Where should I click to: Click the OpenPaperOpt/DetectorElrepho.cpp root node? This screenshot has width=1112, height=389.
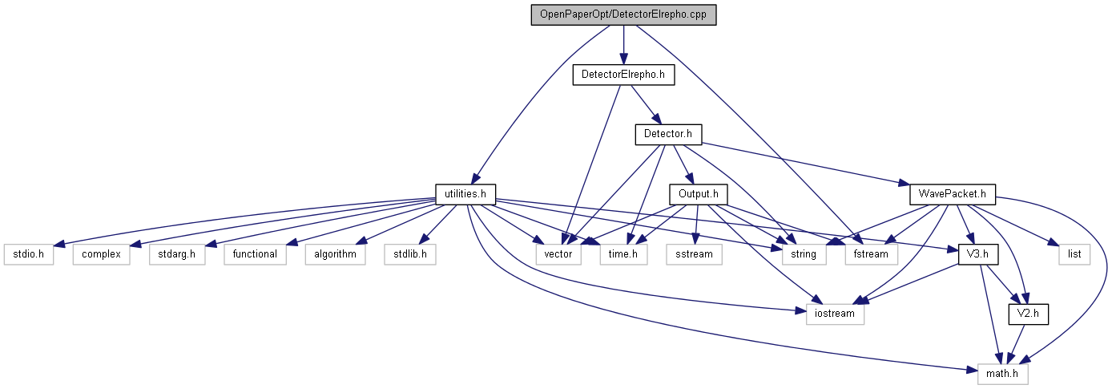(623, 15)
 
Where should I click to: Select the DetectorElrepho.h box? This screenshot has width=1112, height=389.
(623, 75)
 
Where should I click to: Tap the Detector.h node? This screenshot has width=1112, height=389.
(668, 134)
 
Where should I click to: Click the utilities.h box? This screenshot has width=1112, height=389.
(465, 193)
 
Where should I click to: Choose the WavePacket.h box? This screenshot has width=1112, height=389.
(953, 193)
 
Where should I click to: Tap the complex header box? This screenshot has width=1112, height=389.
(101, 254)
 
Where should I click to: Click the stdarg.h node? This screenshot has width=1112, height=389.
(175, 254)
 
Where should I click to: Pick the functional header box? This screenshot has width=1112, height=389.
(255, 254)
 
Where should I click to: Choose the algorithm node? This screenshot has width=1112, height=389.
(335, 254)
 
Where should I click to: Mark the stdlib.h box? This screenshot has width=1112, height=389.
(409, 254)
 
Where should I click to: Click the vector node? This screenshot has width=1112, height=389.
(558, 254)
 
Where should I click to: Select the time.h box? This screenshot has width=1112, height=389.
(623, 254)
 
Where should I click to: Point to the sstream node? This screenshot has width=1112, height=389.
(694, 254)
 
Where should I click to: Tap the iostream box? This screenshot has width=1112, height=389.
(835, 314)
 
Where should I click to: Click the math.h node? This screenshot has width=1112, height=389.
(1002, 373)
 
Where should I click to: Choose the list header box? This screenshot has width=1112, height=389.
(1074, 254)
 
